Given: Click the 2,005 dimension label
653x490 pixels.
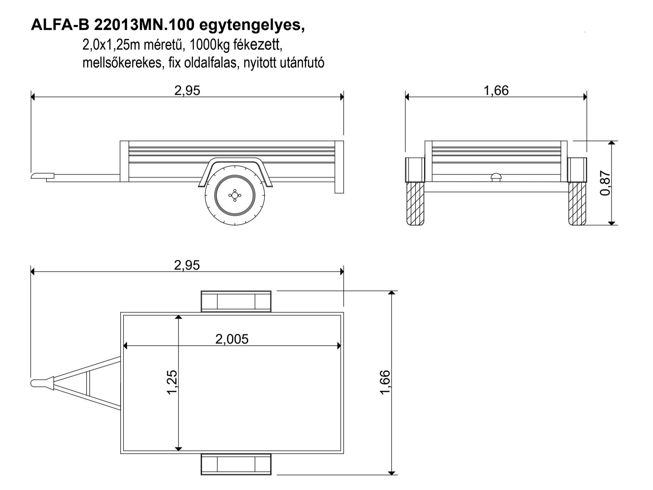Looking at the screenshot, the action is tap(232, 339).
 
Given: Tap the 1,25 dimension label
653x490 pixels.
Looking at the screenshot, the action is tap(172, 382).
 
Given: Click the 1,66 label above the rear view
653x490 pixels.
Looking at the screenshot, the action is tap(496, 90).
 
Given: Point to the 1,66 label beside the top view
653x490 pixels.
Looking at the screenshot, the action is tap(386, 382).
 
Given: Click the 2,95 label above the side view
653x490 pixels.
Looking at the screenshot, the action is tap(187, 90).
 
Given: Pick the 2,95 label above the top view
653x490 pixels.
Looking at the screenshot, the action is tap(187, 265).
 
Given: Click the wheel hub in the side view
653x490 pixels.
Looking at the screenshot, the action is tap(235, 195).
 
